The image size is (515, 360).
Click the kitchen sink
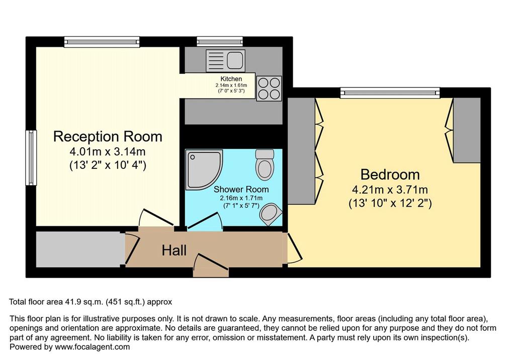pos(226,61)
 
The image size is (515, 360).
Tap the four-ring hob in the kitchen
pos(269,88)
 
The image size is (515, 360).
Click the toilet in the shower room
pos(265,164)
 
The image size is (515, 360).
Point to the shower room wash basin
pos(270,214)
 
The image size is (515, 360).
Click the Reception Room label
pos(108,136)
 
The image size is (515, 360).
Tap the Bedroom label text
pos(390,174)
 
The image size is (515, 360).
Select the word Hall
pos(174,250)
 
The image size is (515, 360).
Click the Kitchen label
pos(231,79)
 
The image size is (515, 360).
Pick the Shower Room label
pos(241,189)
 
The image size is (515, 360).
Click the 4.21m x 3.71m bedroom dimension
pos(390,190)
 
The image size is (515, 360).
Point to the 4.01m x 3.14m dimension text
pos(108,152)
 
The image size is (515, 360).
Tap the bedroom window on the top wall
pos(390,93)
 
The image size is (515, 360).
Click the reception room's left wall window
pos(31,158)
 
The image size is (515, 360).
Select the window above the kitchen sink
pos(220,41)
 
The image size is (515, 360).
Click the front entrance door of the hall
pos(211,265)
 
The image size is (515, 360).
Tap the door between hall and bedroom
pos(294,248)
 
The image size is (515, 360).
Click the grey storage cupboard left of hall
pos(78,249)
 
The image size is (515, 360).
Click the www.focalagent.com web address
pos(93,347)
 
